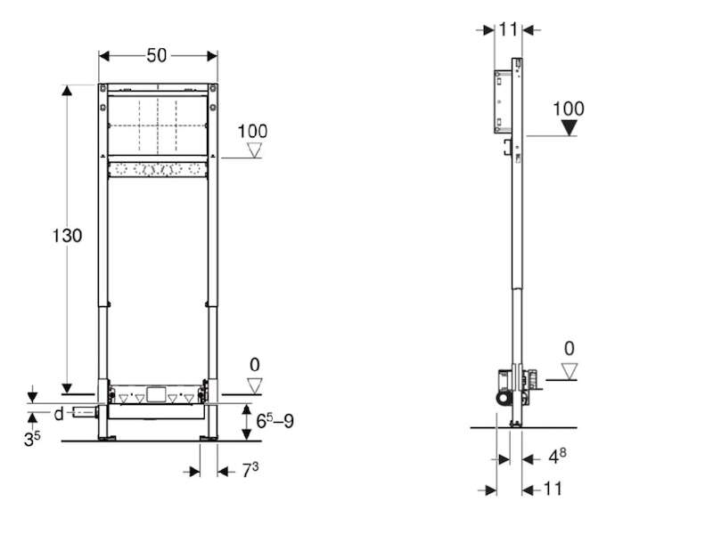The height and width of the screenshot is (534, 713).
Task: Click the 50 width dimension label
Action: [157, 56]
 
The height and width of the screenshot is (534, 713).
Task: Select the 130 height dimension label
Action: [67, 236]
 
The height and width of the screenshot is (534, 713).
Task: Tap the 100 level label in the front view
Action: [252, 132]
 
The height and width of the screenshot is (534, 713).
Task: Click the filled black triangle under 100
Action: [569, 127]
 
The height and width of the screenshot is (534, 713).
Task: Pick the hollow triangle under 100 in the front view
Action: [254, 150]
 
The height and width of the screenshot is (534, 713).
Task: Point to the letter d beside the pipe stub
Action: [59, 414]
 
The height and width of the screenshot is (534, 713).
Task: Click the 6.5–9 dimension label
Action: [275, 421]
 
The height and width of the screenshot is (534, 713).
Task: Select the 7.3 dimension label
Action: [250, 470]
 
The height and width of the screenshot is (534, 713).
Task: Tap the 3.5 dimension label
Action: [32, 438]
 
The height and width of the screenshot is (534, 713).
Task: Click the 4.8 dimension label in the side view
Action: [557, 457]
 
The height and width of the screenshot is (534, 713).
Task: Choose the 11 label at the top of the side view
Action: [508, 30]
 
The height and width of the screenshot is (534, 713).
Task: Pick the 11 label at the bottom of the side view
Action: [553, 489]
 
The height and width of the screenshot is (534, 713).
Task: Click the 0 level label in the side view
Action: [569, 349]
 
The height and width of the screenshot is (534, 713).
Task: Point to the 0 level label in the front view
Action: [255, 365]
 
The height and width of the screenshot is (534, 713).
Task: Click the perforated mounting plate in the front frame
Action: [158, 170]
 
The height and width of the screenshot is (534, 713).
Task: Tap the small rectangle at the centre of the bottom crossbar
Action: [156, 394]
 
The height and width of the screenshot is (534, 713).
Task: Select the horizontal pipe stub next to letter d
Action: [85, 413]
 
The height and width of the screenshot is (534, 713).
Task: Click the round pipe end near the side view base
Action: [504, 399]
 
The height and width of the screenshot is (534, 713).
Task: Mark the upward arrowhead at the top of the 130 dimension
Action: [68, 91]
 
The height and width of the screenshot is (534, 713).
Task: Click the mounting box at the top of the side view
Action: [503, 101]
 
